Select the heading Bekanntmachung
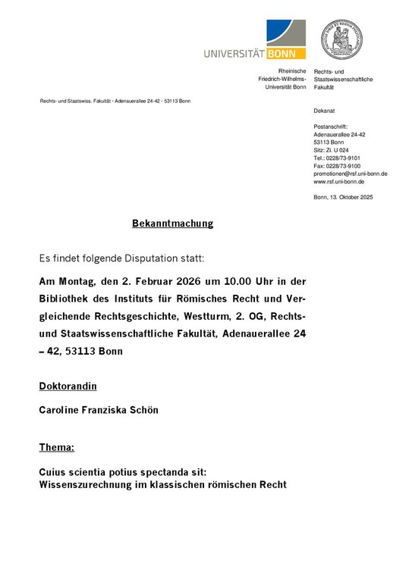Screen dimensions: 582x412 click(x=173, y=224)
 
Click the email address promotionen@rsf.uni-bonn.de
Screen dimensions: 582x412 click(x=350, y=174)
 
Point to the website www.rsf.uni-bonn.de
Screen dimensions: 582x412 click(x=338, y=182)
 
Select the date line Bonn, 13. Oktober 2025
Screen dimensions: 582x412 click(x=343, y=197)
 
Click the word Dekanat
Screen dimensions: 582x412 click(x=323, y=111)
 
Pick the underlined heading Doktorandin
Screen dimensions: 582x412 click(x=68, y=386)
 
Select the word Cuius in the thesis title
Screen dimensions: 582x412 click(x=54, y=471)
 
